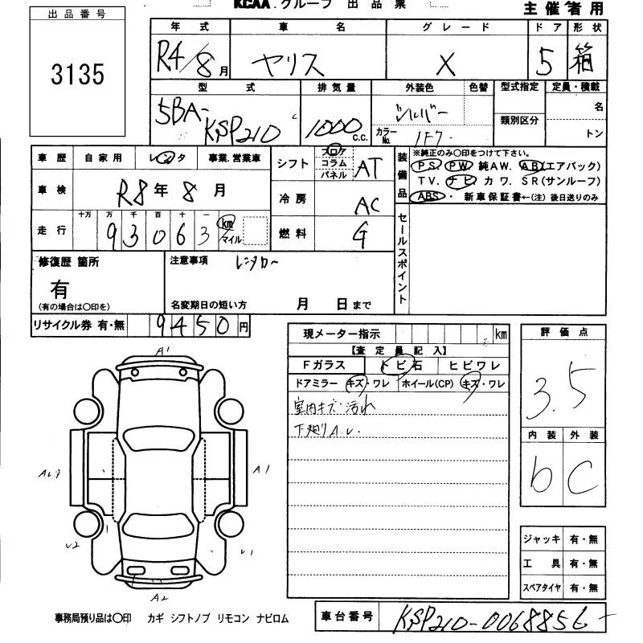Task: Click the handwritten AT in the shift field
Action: (x=369, y=168)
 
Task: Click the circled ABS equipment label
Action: (x=431, y=196)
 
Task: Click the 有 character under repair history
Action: (x=59, y=289)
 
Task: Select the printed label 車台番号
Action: (x=347, y=616)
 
